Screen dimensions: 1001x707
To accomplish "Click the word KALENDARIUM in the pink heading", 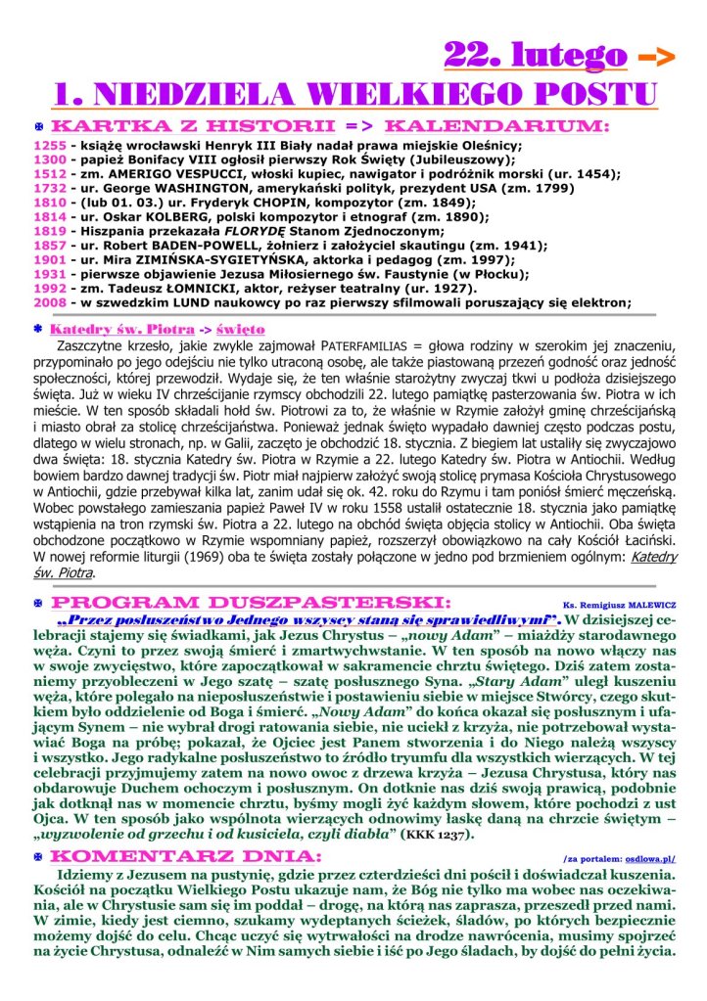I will click(x=497, y=126).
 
